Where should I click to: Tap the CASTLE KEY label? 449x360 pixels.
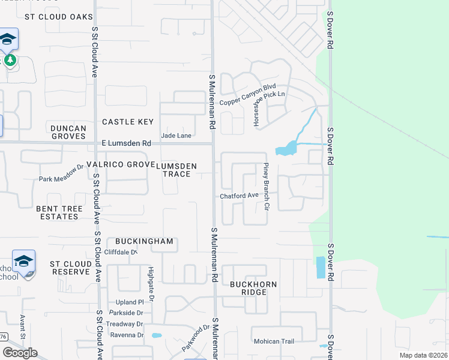pos(128,122)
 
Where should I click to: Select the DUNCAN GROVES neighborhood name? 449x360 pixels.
pos(68,132)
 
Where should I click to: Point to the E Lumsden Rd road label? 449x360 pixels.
pos(126,143)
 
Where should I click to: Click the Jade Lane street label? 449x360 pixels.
pos(176,136)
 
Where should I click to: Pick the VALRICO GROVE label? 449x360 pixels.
pos(121,164)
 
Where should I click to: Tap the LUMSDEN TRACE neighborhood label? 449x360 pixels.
pos(181,169)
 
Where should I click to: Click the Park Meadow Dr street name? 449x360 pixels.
pos(62,174)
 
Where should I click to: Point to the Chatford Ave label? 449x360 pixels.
pos(238,196)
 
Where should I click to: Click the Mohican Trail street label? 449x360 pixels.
pos(273,341)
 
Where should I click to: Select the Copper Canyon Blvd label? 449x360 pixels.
pos(247,99)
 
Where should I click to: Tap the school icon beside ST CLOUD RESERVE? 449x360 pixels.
pos(24,262)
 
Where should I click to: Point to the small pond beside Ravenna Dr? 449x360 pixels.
pos(157,335)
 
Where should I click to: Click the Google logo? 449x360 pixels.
pos(20,353)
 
